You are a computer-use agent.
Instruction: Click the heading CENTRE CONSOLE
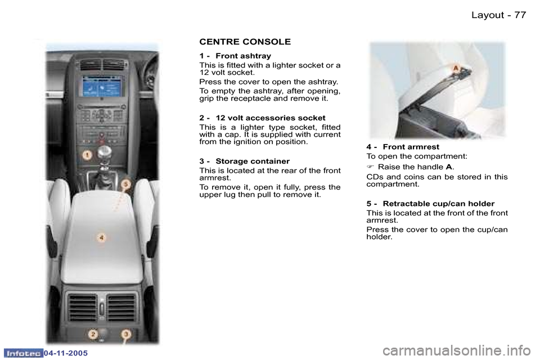[x=245, y=42]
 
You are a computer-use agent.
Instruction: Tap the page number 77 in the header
[x=520, y=15]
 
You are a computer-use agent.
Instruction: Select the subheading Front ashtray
[x=243, y=56]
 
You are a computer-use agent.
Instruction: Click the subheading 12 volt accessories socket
[x=270, y=118]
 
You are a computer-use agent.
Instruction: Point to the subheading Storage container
[x=252, y=161]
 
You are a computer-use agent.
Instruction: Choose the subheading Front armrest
[x=411, y=147]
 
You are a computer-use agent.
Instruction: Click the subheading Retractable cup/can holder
[x=438, y=203]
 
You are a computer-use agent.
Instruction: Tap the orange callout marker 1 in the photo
[x=87, y=154]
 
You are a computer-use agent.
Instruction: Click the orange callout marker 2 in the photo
[x=93, y=335]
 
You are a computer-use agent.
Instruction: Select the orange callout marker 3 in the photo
[x=126, y=335]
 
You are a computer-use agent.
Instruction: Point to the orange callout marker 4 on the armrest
[x=101, y=237]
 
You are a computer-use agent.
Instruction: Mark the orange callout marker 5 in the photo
[x=126, y=184]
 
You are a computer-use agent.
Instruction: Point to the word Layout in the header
[x=487, y=15]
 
